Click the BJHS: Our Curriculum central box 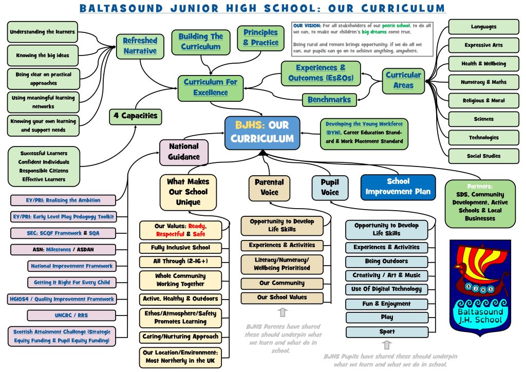tap(262, 133)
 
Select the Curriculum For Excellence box tap(210, 88)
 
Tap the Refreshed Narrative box tap(140, 46)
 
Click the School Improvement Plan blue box tap(398, 187)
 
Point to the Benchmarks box tap(329, 100)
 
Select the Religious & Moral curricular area tap(483, 101)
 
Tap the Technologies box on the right tap(483, 138)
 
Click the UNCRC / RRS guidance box tap(71, 315)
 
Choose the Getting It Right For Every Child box tap(71, 283)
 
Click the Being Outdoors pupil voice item tap(386, 262)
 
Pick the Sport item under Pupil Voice tap(386, 332)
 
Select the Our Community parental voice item tap(282, 283)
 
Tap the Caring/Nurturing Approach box tap(180, 337)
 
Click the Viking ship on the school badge tap(480, 270)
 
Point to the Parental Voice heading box tap(269, 187)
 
